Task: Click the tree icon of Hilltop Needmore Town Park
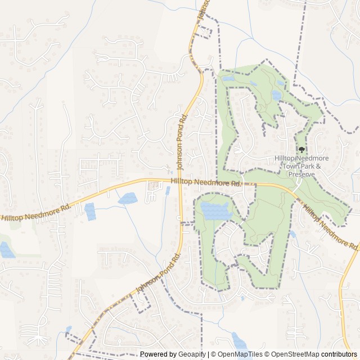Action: point(302,150)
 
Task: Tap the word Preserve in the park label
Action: point(301,174)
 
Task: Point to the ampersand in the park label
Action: point(318,167)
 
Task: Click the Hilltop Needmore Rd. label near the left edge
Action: point(35,212)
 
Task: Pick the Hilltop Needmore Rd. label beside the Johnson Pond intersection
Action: point(206,182)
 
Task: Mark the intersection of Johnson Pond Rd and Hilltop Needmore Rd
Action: point(179,181)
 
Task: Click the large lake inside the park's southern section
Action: point(215,211)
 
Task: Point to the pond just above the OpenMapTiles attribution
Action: point(239,340)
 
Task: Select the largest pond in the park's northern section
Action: point(277,95)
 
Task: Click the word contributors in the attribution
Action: point(339,354)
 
